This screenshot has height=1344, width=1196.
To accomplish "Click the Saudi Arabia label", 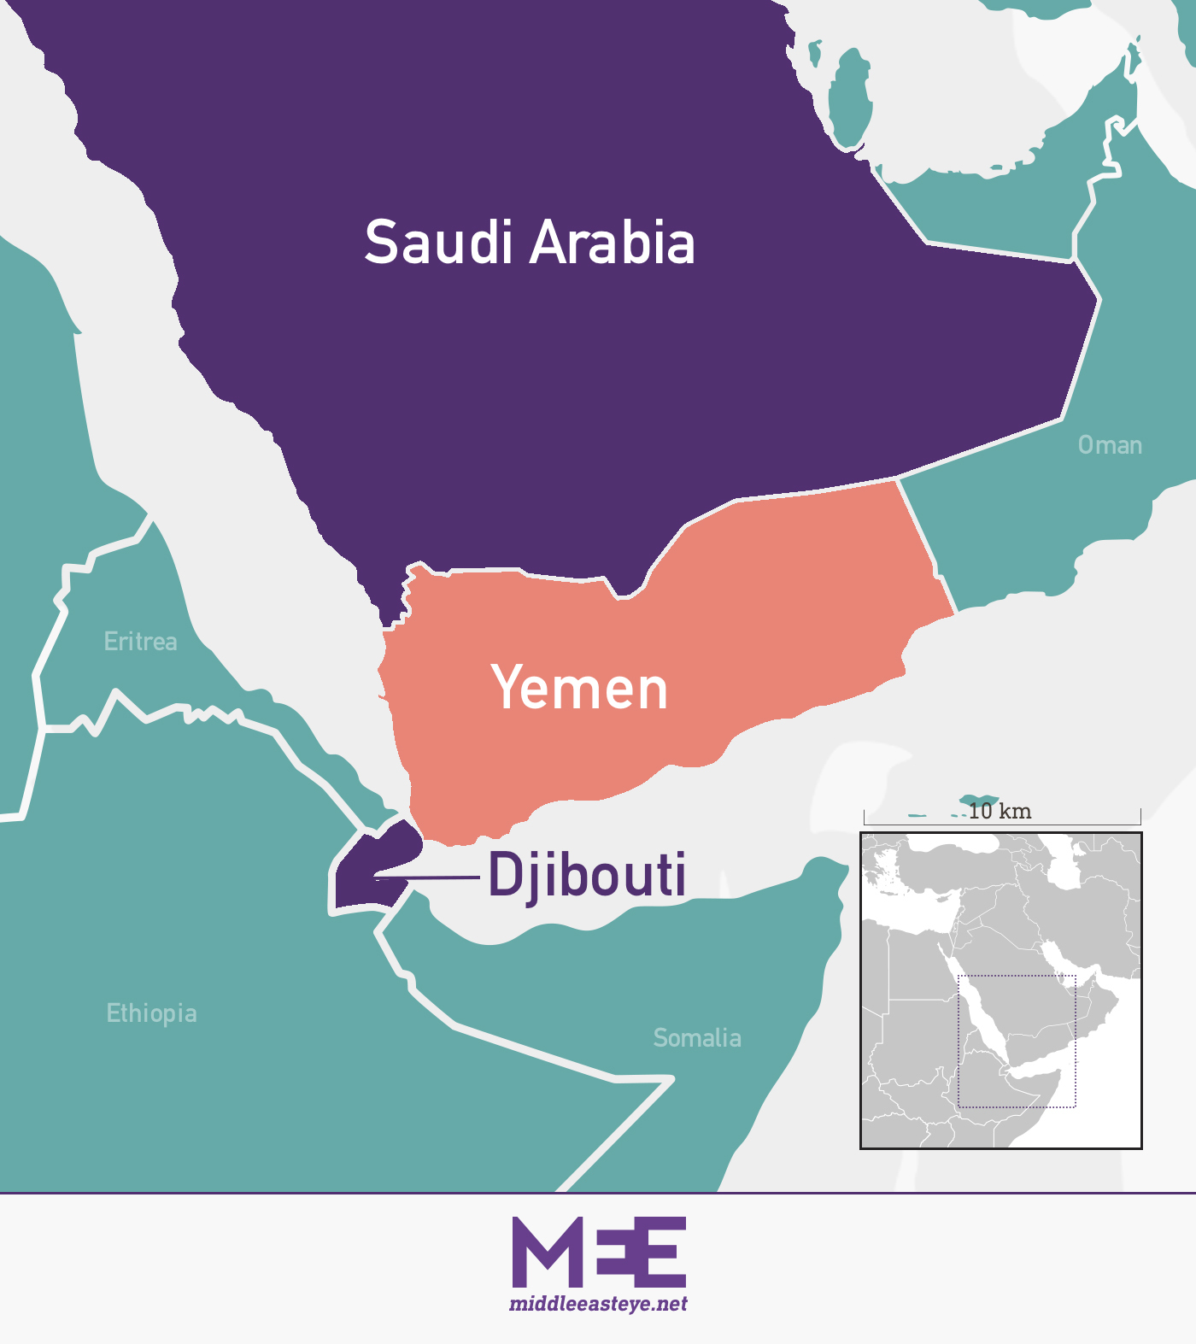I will [x=530, y=243].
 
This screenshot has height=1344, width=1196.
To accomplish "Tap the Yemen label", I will [x=579, y=689].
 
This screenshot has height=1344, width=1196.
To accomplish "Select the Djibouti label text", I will [x=587, y=875].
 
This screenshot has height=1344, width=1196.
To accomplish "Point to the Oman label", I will [x=1110, y=445].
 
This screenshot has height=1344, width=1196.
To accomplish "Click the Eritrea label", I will [x=141, y=642].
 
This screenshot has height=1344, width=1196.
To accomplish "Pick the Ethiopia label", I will [x=151, y=1013].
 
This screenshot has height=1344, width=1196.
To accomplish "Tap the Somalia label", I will [x=697, y=1038].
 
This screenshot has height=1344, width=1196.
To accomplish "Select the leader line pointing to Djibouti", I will [x=427, y=877].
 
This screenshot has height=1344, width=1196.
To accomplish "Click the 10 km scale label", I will [x=1000, y=811].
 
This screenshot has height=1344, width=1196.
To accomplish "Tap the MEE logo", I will [x=599, y=1252].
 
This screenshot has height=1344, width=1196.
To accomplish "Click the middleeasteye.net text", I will [x=598, y=1304].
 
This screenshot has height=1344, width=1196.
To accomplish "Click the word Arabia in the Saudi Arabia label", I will [x=613, y=243].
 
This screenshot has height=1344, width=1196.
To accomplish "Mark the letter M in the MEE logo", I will [x=542, y=1252].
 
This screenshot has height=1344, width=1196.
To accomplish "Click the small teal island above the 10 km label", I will [x=977, y=801].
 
